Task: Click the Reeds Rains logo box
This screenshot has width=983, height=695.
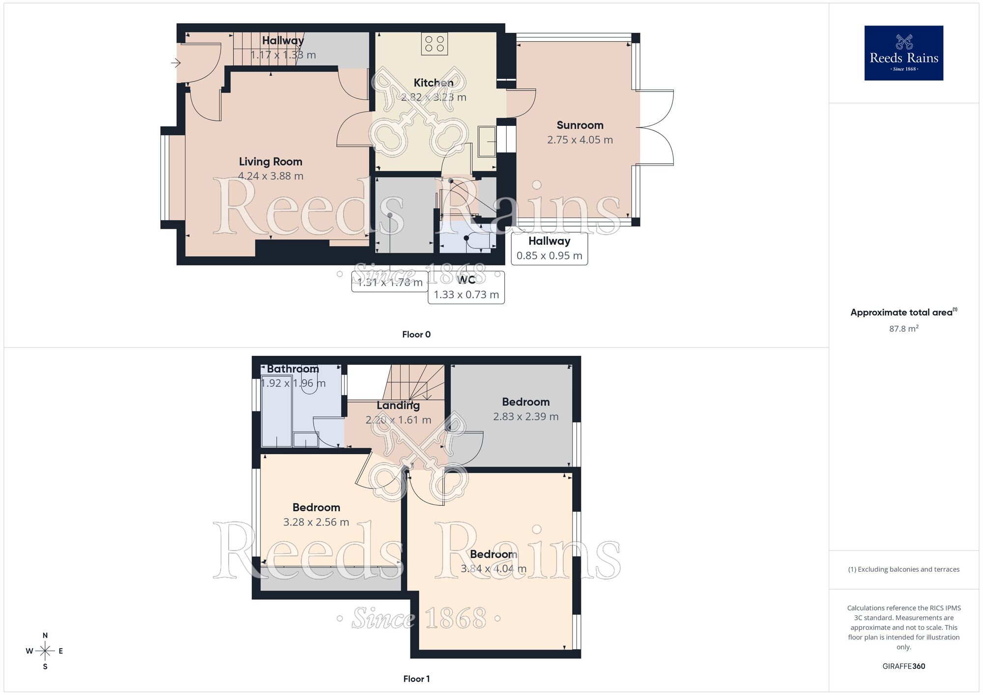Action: pyautogui.click(x=903, y=53)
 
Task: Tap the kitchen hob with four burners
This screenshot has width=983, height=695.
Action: pyautogui.click(x=434, y=44)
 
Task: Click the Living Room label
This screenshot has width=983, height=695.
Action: pyautogui.click(x=270, y=162)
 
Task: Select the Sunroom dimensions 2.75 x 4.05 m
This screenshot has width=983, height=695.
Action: pyautogui.click(x=580, y=140)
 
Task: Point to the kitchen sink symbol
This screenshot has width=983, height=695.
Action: pyautogui.click(x=487, y=141)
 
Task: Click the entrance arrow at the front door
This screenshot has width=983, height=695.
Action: pyautogui.click(x=176, y=63)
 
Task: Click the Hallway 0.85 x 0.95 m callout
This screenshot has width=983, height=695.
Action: pyautogui.click(x=549, y=248)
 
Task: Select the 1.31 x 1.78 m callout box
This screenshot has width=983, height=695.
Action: pyautogui.click(x=390, y=282)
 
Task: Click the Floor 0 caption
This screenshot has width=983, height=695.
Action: pyautogui.click(x=416, y=334)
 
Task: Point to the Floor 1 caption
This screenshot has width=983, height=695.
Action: pyautogui.click(x=416, y=679)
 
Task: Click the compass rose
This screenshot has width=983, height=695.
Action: pyautogui.click(x=45, y=651)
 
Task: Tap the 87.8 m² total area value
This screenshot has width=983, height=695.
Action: pyautogui.click(x=903, y=328)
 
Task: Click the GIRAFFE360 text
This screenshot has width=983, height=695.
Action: pyautogui.click(x=903, y=666)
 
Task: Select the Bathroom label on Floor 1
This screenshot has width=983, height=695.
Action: pyautogui.click(x=293, y=369)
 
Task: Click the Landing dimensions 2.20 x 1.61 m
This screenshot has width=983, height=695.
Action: pyautogui.click(x=398, y=420)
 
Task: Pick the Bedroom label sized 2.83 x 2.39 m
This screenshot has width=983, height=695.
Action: pyautogui.click(x=525, y=402)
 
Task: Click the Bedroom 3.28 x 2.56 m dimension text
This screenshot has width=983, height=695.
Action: pyautogui.click(x=316, y=522)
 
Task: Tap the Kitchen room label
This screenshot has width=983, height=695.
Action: pyautogui.click(x=434, y=83)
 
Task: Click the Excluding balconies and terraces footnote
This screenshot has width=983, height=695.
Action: pyautogui.click(x=903, y=569)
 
